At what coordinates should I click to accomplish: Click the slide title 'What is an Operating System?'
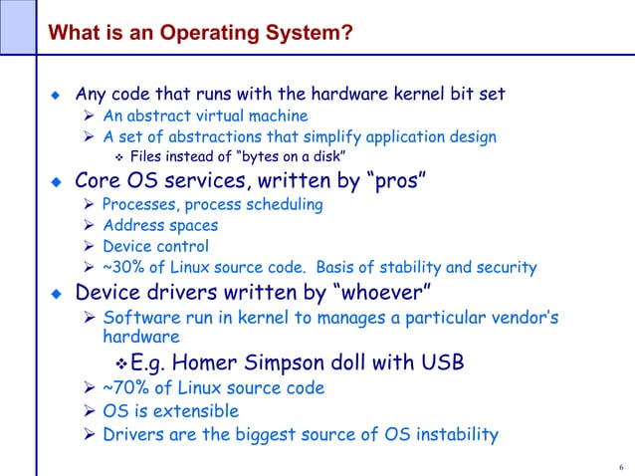point(201,35)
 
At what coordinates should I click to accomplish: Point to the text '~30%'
point(123,268)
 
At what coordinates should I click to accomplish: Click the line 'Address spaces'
point(160,226)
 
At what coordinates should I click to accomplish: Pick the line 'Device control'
point(155,247)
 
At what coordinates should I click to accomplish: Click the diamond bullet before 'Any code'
point(57,96)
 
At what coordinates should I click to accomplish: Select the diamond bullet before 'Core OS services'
point(57,182)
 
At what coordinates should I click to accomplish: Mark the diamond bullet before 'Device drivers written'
point(57,295)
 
